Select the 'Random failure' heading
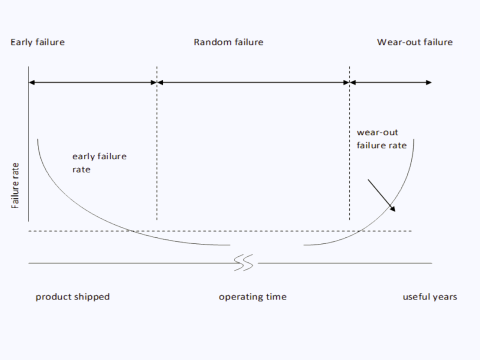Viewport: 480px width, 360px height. click(228, 43)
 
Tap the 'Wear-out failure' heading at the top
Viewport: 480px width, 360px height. click(415, 43)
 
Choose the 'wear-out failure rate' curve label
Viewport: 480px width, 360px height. click(382, 137)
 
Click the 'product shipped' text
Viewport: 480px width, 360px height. click(73, 297)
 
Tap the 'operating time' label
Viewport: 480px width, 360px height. click(253, 297)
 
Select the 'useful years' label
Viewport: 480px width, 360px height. click(428, 297)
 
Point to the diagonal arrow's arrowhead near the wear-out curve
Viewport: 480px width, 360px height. click(393, 209)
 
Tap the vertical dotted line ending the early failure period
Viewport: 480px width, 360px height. click(157, 150)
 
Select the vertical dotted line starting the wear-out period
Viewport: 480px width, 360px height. click(349, 150)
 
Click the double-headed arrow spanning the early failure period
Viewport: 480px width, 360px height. click(93, 80)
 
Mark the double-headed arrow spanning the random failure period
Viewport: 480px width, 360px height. click(253, 80)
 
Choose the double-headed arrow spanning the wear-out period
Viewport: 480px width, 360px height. click(392, 80)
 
